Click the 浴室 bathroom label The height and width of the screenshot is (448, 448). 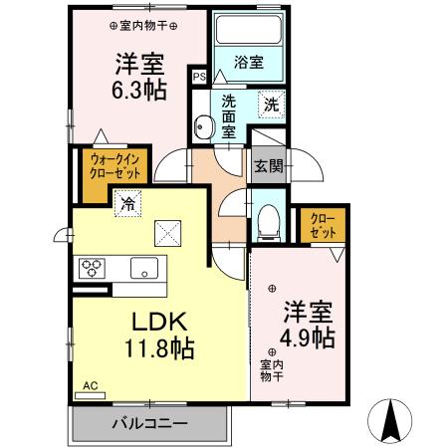(x=248, y=63)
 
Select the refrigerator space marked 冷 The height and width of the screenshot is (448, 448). (x=127, y=203)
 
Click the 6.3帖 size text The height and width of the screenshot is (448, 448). (x=133, y=88)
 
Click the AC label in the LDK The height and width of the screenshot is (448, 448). (x=90, y=384)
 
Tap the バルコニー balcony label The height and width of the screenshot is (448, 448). (x=149, y=425)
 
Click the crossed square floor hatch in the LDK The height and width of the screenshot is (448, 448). (x=167, y=235)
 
